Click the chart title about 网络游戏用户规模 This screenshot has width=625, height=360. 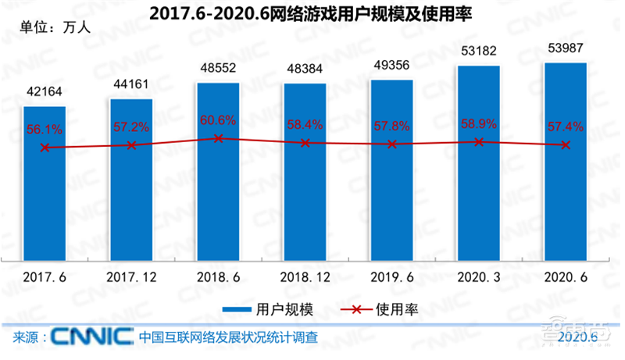pos(312,13)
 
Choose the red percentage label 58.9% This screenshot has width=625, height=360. pos(478,124)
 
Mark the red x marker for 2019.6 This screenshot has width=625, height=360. pos(392,144)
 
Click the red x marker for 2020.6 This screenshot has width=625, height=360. pos(565,144)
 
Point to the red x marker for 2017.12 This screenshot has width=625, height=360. pos(131,145)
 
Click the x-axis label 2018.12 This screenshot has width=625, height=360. pos(305,276)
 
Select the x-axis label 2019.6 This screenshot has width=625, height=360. pos(392,276)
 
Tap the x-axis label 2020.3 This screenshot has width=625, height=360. pos(478,276)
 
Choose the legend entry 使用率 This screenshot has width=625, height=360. pos(384,309)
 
